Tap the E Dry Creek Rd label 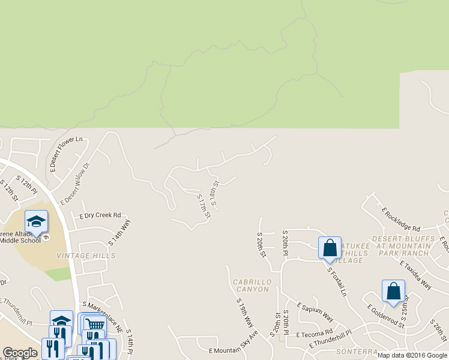point(100,215)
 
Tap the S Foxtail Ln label point(337,281)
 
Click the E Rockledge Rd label point(401,219)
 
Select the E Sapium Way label point(315,311)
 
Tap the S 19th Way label point(245,313)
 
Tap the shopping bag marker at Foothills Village point(330,247)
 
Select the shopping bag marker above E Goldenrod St point(393,290)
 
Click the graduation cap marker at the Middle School point(37,221)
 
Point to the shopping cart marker point(92,325)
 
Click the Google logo point(20,353)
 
